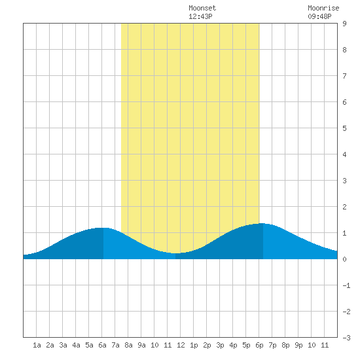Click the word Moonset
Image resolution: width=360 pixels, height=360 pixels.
tap(202, 8)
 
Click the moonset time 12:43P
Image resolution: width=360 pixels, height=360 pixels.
tap(200, 16)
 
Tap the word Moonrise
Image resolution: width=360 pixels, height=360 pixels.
tap(323, 8)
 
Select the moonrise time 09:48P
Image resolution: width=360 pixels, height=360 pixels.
tap(319, 16)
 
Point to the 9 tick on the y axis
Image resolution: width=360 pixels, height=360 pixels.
tap(344, 24)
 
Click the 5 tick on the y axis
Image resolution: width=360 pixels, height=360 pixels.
tap(344, 128)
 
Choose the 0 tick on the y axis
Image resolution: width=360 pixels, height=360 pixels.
tap(344, 259)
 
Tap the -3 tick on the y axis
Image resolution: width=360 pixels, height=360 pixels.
tap(346, 338)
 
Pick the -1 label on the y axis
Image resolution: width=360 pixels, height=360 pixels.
tap(346, 285)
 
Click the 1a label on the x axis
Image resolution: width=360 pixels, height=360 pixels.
tap(37, 345)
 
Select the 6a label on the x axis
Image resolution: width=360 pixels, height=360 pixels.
tap(102, 345)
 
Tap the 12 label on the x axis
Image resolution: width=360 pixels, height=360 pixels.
tap(181, 345)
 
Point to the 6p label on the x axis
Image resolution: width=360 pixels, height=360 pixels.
tap(259, 345)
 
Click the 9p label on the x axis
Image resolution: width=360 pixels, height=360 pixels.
tap(298, 345)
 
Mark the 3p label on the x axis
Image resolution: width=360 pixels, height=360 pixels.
tap(220, 345)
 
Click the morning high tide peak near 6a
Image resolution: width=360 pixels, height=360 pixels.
tap(103, 228)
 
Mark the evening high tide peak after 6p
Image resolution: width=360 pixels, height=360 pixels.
tap(262, 223)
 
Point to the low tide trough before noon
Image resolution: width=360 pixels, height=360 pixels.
tap(175, 253)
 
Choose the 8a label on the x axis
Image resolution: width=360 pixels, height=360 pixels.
tap(128, 345)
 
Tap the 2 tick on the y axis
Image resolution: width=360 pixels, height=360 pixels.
tap(344, 207)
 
